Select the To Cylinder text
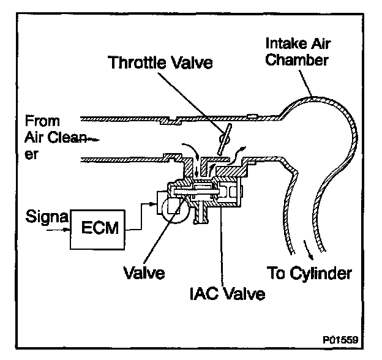[x=310, y=272]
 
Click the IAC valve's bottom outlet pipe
[x=200, y=215]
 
